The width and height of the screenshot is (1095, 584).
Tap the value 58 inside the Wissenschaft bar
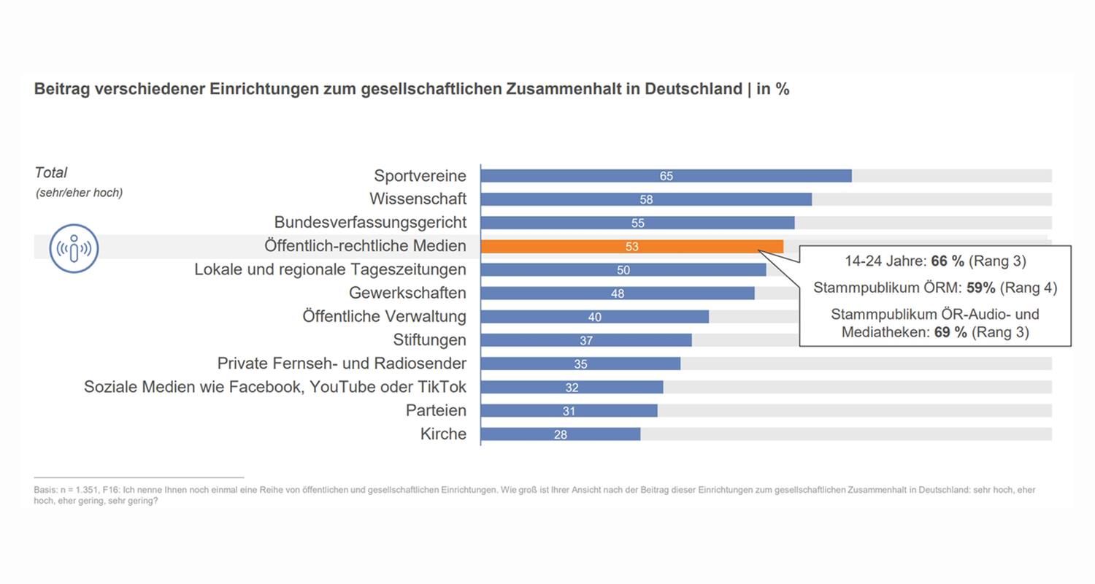[x=645, y=200]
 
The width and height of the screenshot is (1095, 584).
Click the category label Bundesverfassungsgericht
[x=370, y=222]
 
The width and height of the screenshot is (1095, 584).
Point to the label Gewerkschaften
[x=407, y=293]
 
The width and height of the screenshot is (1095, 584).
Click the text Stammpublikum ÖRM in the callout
[x=875, y=288]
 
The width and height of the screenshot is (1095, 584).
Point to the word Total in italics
[x=50, y=173]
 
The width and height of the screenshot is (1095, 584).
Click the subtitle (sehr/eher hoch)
[x=79, y=193]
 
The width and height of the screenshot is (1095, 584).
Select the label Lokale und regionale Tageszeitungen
[x=330, y=269]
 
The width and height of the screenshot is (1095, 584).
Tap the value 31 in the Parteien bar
[x=569, y=411]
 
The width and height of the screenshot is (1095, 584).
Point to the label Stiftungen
[x=431, y=340]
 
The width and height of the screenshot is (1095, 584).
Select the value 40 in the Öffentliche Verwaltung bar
[x=594, y=318]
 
